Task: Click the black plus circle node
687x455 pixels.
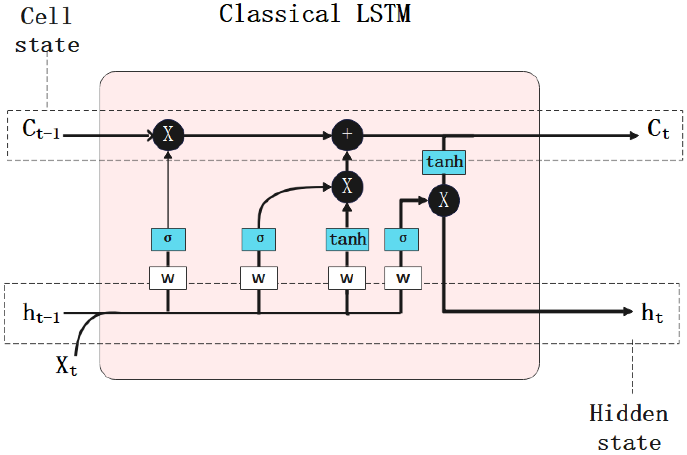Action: point(347,135)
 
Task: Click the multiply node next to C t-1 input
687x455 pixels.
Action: point(168,135)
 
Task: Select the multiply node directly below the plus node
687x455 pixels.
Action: point(347,187)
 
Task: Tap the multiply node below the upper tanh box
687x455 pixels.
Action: point(444,200)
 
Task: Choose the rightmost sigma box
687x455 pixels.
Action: point(402,239)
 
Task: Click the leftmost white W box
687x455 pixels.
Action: point(168,278)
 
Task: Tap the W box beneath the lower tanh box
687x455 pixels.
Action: point(347,278)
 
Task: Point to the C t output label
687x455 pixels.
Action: point(658,129)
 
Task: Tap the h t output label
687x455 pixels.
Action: point(652,313)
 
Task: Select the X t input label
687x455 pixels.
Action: point(66,366)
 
